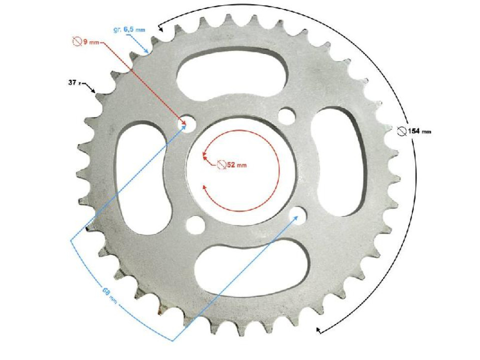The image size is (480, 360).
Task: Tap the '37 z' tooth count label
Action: click(x=75, y=83)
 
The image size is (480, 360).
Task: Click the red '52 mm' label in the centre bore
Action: click(x=232, y=164)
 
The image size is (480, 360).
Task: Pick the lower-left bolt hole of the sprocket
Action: click(x=195, y=223)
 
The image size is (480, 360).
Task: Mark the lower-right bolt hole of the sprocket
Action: click(x=298, y=213)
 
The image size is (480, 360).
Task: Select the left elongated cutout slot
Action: click(x=141, y=177)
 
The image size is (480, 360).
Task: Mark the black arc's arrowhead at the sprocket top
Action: click(x=160, y=29)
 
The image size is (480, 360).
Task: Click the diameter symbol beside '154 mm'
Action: click(x=401, y=131)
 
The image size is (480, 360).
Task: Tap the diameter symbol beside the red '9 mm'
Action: click(x=76, y=42)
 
